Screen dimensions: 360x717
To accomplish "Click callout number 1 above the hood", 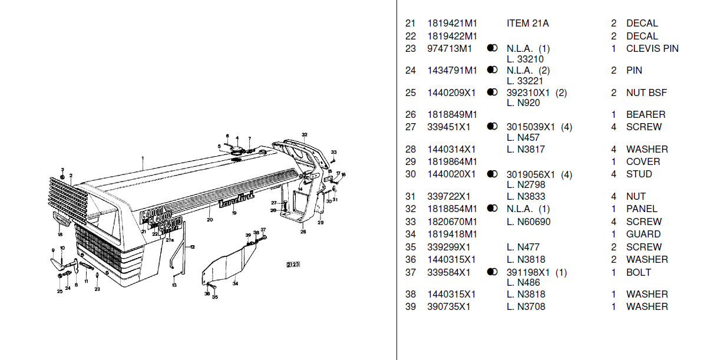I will pyautogui.click(x=143, y=158).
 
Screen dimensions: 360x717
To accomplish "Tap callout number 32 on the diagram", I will pyautogui.click(x=305, y=135).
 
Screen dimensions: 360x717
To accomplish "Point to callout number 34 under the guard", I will pyautogui.click(x=235, y=284).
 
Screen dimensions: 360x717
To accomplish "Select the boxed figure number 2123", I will pyautogui.click(x=293, y=264).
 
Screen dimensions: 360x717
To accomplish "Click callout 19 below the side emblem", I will pyautogui.click(x=234, y=213).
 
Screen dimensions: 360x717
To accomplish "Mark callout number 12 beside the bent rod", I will pyautogui.click(x=192, y=247).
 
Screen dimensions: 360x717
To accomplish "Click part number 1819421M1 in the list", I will pyautogui.click(x=452, y=24).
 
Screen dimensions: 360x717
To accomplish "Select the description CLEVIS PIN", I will pyautogui.click(x=652, y=48).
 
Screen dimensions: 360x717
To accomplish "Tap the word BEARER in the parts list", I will pyautogui.click(x=646, y=114).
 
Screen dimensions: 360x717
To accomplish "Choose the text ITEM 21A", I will pyautogui.click(x=527, y=24).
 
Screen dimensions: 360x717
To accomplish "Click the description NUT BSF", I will pyautogui.click(x=646, y=93).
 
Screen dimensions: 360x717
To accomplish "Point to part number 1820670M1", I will pyautogui.click(x=452, y=222).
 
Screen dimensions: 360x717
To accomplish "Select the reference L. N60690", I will pyautogui.click(x=528, y=222).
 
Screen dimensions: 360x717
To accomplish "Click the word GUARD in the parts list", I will pyautogui.click(x=643, y=234).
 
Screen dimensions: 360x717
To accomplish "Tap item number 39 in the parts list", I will pyautogui.click(x=410, y=306).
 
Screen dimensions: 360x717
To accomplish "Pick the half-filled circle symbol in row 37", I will pyautogui.click(x=493, y=272).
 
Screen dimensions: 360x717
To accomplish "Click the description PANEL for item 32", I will pyautogui.click(x=642, y=209).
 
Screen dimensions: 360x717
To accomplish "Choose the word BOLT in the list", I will pyautogui.click(x=639, y=272).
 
